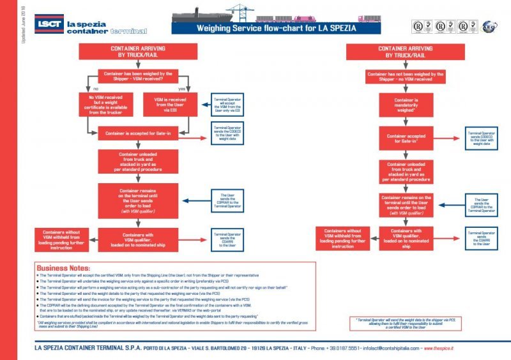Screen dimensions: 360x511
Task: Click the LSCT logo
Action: [47, 24]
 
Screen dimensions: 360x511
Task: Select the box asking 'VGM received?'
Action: [132, 77]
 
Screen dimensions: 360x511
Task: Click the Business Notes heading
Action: [64, 268]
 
